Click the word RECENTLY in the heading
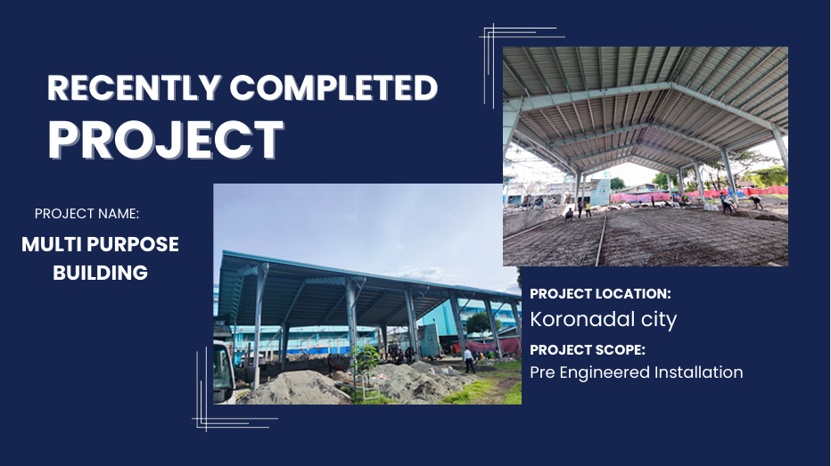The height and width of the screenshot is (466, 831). coord(135,87)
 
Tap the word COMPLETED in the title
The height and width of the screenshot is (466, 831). coord(333,87)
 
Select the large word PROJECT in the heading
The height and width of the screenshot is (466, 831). coord(166,139)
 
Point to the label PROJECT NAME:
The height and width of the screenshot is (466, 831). coord(86,214)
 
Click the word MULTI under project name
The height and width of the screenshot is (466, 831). coord(52,244)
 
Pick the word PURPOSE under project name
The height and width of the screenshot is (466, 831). coord(133,244)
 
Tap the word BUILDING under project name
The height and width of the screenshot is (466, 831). coord(100,273)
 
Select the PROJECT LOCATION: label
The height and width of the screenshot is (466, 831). coord(600,293)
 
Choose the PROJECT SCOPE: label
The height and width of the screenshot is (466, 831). coord(588,349)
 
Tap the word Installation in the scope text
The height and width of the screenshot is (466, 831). coord(698,372)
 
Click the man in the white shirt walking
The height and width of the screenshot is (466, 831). coord(469,360)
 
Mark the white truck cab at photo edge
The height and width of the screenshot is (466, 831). coord(224,372)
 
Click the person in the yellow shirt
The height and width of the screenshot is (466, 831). coord(588,208)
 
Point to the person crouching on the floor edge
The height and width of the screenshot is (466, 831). coord(569,215)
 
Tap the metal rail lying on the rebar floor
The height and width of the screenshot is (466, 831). coord(602,240)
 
